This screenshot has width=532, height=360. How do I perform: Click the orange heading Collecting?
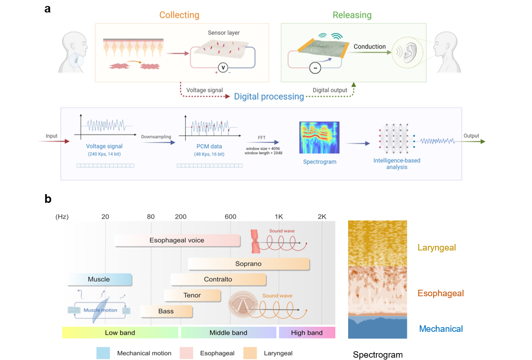click(x=179, y=15)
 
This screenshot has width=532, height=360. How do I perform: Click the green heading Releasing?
click(x=352, y=15)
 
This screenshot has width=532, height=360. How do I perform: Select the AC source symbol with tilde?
click(x=315, y=68)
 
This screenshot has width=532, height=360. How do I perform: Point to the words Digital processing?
click(x=269, y=97)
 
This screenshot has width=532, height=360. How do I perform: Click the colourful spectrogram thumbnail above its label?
click(x=319, y=137)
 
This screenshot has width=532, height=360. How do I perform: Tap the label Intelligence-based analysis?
click(x=397, y=164)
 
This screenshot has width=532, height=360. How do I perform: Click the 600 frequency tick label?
click(x=230, y=217)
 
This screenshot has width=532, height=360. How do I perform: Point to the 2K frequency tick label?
click(x=322, y=217)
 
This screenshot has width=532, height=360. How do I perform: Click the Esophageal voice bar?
click(x=177, y=240)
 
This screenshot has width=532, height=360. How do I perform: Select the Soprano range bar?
click(x=248, y=264)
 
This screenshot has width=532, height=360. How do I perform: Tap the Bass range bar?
click(x=166, y=311)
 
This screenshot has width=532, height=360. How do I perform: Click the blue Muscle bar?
click(x=99, y=279)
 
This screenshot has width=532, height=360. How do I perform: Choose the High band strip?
click(x=307, y=333)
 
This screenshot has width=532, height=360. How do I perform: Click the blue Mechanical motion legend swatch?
click(x=103, y=353)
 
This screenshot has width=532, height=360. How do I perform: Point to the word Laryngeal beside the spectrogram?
click(x=436, y=248)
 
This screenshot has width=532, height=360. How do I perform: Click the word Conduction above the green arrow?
click(x=369, y=47)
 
